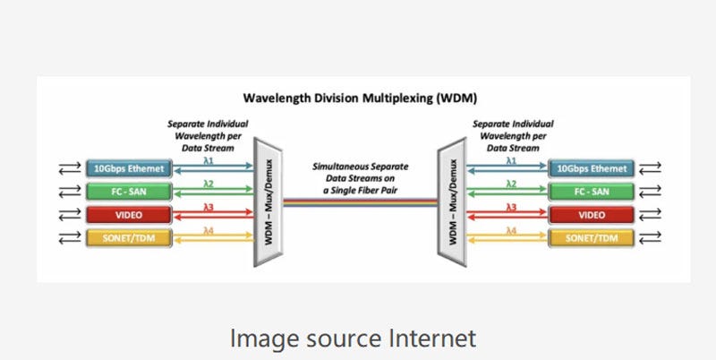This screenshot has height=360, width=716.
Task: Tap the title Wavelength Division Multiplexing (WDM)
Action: point(358,99)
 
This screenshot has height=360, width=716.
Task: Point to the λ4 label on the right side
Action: point(511,231)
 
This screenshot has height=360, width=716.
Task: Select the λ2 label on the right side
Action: point(511,184)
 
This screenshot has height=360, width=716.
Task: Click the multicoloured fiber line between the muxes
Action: point(358,202)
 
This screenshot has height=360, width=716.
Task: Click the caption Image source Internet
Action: point(353,339)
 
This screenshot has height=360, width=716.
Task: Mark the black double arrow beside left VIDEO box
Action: point(69,215)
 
